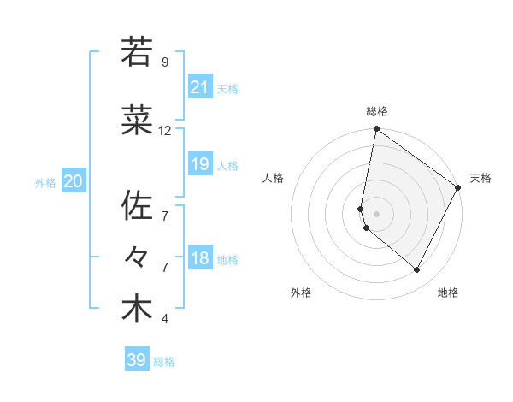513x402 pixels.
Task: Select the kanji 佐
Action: (136, 205)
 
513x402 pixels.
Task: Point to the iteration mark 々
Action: (136, 257)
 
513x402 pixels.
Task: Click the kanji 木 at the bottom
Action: (136, 309)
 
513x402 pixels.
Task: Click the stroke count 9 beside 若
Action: (164, 62)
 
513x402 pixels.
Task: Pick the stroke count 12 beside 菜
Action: (165, 131)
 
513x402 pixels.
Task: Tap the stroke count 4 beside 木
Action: (164, 320)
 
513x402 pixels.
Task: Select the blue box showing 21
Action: (200, 86)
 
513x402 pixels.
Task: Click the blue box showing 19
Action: (200, 163)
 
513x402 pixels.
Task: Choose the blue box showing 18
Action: (200, 258)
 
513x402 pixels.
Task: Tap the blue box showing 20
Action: (74, 180)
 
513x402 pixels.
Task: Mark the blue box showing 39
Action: (137, 360)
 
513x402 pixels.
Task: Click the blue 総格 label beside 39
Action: (164, 362)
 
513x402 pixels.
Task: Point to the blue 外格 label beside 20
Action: (45, 182)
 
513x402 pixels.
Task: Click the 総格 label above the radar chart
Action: (377, 112)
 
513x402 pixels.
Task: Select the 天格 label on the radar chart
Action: (481, 178)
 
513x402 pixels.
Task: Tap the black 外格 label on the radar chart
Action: (301, 293)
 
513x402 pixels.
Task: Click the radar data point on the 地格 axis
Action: (417, 270)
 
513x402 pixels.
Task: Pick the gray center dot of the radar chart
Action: (377, 213)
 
